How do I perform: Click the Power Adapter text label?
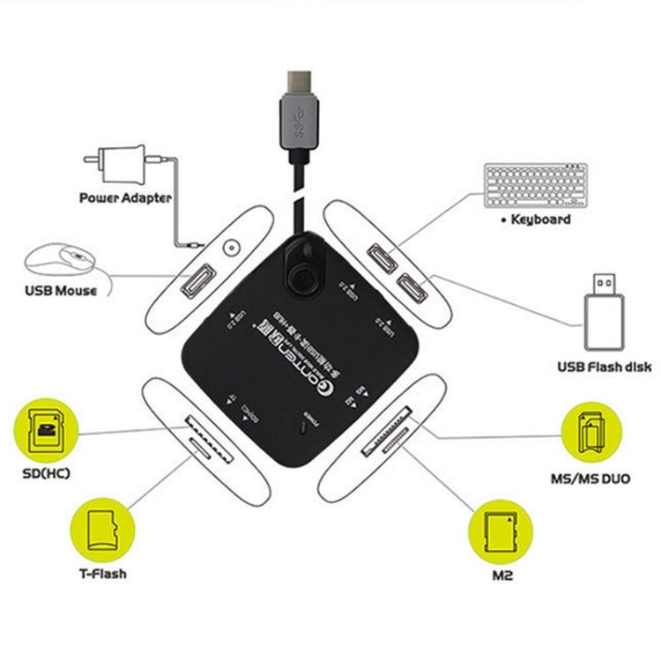click(x=125, y=198)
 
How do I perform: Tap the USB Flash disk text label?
click(x=605, y=367)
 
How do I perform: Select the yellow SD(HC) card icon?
click(x=44, y=430)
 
